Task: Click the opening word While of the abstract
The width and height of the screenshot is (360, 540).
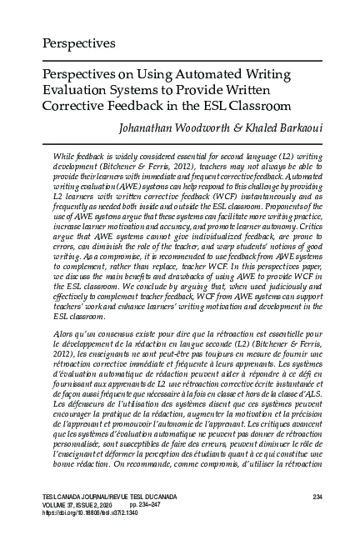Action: (64, 155)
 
